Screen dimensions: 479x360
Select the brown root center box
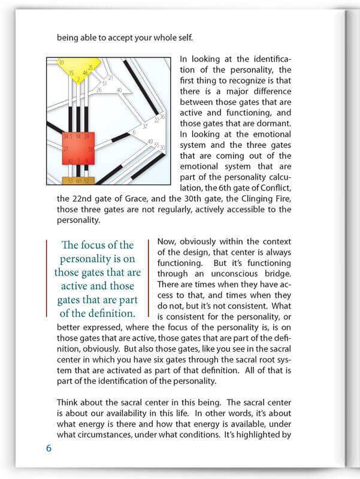coord(78,180)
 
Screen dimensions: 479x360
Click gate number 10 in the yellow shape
coord(61,62)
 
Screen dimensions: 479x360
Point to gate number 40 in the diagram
coord(119,90)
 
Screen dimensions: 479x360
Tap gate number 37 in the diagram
coord(144,126)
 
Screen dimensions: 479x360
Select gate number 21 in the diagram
coord(111,78)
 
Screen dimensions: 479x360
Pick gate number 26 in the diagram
coord(99,90)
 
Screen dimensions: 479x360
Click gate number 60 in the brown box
coord(78,181)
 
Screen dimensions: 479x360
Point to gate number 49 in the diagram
coord(150,141)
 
